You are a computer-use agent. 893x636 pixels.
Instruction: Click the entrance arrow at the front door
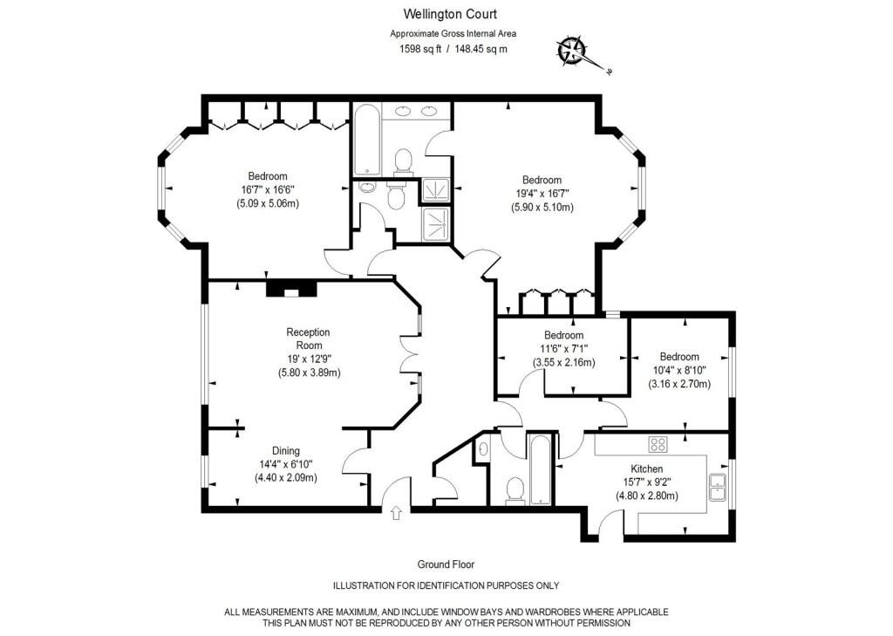(x=397, y=513)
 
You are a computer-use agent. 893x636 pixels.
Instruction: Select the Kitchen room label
(x=647, y=468)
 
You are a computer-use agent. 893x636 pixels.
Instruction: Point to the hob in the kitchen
(x=658, y=444)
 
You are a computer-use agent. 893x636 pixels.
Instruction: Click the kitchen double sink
(x=719, y=486)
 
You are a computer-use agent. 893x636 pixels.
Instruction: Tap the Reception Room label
(x=308, y=339)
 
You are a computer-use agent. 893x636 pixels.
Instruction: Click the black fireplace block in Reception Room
(x=292, y=288)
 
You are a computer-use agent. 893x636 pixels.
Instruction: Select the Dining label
(x=285, y=451)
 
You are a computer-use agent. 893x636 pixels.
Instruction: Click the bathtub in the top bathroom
(x=366, y=140)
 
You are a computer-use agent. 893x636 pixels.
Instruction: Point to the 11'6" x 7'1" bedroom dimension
(x=563, y=349)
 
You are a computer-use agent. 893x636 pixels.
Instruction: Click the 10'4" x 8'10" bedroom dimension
(x=678, y=370)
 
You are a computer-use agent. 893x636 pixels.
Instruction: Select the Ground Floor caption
(x=446, y=564)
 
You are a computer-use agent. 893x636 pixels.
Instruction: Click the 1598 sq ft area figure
(x=421, y=49)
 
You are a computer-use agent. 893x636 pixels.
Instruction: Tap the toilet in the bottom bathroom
(x=515, y=490)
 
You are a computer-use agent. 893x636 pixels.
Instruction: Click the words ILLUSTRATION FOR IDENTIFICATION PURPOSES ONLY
(x=446, y=585)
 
